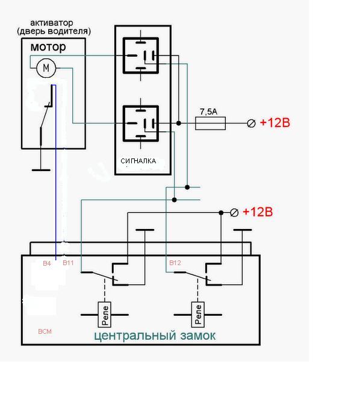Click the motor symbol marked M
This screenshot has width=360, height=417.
tap(46, 68)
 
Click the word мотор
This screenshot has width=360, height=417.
tap(48, 47)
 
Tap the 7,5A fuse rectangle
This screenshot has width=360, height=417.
tap(211, 124)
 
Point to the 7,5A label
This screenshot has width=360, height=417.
tap(208, 111)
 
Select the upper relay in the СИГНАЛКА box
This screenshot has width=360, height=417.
tap(140, 55)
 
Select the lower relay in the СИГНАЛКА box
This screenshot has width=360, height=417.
tap(140, 124)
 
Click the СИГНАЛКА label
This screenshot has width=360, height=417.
tap(138, 161)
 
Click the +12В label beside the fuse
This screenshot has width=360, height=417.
tap(275, 122)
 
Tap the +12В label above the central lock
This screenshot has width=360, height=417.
tap(258, 212)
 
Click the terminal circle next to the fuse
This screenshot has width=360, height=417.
tap(251, 124)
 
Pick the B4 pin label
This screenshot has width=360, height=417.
tap(47, 263)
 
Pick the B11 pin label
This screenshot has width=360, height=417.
tap(68, 263)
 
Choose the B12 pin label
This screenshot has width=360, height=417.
tap(175, 263)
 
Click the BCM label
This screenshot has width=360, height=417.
tap(45, 331)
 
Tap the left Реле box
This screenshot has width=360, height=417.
tap(105, 315)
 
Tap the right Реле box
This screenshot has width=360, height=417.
tap(198, 315)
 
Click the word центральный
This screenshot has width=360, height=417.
tap(135, 336)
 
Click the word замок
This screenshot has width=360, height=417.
tap(198, 336)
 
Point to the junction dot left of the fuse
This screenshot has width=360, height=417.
tap(179, 124)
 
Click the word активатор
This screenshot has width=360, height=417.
tap(51, 23)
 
